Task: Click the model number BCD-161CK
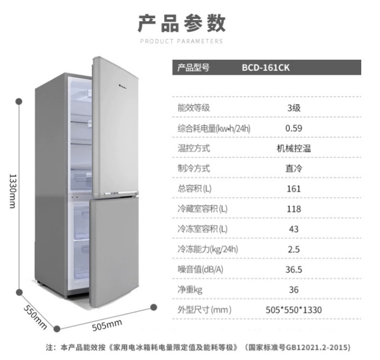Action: coord(265,67)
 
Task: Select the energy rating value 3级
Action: coord(294,108)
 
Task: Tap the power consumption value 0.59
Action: coord(294,128)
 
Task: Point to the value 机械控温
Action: coord(294,148)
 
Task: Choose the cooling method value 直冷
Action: coord(294,169)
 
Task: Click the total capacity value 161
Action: coord(294,189)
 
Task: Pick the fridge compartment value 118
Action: coord(294,209)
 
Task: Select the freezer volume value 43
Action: coord(294,229)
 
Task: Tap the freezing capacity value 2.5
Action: coord(294,249)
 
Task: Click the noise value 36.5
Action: coord(294,269)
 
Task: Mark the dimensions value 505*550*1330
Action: coord(294,310)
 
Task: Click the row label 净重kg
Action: coord(190,290)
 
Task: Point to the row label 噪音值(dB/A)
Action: coord(201,269)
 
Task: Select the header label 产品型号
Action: coord(194,67)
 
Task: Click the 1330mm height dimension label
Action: coord(13,191)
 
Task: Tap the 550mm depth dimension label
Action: coord(35,317)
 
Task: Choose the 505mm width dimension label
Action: coord(107,325)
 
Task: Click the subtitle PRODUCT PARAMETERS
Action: coord(181,41)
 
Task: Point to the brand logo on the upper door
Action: coord(124,85)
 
